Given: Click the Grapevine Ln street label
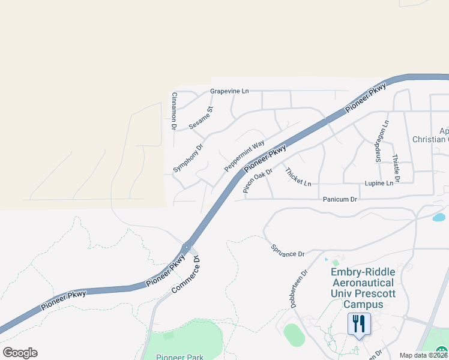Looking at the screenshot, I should (229, 91).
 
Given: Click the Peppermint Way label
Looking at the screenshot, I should (244, 156).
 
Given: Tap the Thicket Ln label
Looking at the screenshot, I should (298, 176).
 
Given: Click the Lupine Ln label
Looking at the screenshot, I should (382, 182).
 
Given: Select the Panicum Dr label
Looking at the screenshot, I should (340, 199).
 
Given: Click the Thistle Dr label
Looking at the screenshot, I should (396, 167).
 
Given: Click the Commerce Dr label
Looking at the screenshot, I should (185, 275).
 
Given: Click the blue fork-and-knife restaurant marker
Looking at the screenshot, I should (359, 325).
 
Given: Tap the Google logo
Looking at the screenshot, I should (20, 352).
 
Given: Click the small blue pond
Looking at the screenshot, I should (439, 217).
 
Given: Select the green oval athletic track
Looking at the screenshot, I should (294, 335).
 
